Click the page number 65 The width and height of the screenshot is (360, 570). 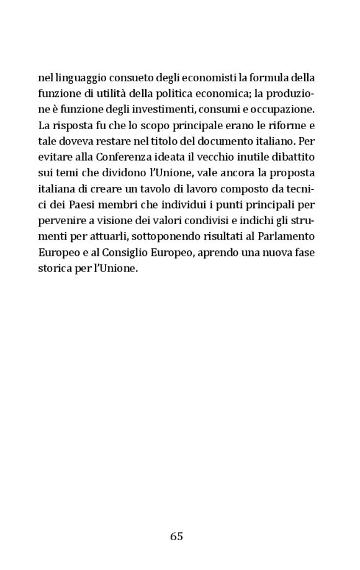click(x=176, y=536)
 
